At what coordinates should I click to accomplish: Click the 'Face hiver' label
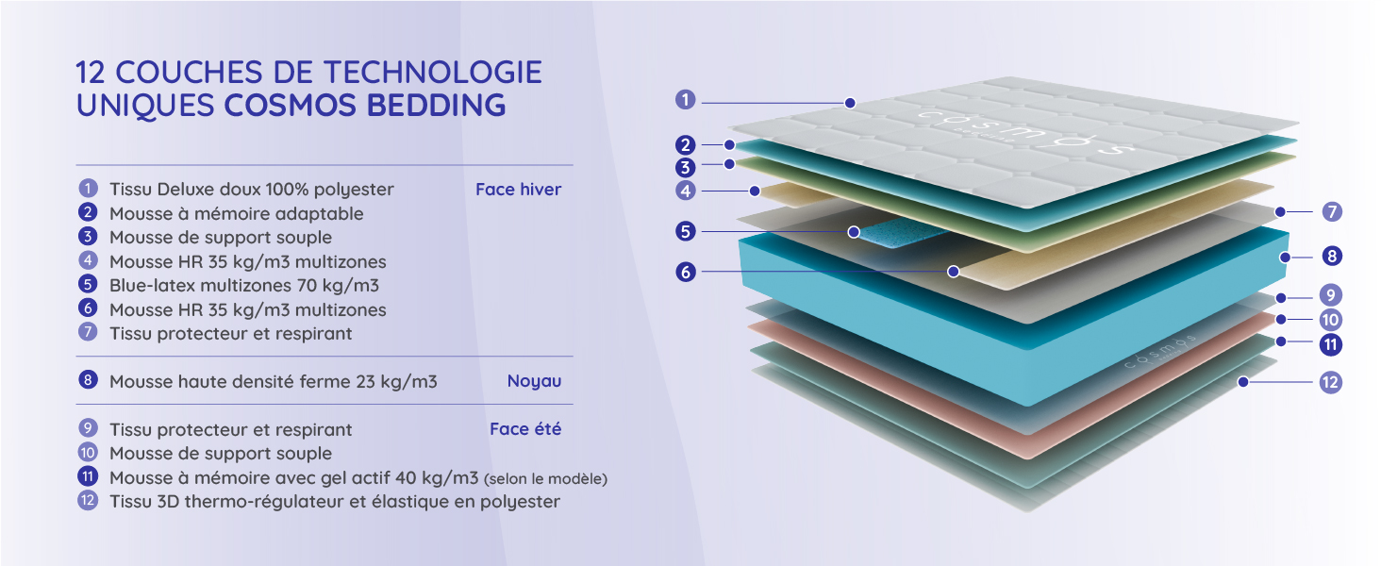[518, 190]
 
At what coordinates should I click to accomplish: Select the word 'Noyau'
[534, 381]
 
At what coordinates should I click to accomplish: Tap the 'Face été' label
[525, 429]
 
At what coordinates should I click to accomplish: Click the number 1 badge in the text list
[88, 189]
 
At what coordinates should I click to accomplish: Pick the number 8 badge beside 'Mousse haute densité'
[88, 380]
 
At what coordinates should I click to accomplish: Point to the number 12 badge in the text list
[88, 501]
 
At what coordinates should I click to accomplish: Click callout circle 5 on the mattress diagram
[686, 231]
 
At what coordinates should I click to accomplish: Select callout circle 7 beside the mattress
[1331, 212]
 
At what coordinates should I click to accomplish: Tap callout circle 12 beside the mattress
[1331, 382]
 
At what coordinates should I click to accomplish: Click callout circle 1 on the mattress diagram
[686, 99]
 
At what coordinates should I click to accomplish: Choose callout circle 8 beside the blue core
[1331, 256]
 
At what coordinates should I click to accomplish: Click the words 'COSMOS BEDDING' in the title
[365, 105]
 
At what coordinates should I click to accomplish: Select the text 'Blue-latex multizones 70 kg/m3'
[243, 285]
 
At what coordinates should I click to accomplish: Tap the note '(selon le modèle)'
[545, 478]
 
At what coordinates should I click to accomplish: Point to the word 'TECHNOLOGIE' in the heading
[433, 72]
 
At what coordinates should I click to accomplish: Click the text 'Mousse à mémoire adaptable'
[236, 213]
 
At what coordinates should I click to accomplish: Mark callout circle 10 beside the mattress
[1331, 320]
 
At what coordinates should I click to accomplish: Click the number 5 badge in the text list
[88, 284]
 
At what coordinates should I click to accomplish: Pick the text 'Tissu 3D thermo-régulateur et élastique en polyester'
[334, 501]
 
